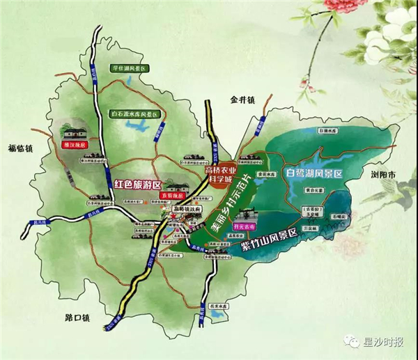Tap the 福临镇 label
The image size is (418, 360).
(x=21, y=148)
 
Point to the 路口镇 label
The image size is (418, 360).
(x=77, y=318)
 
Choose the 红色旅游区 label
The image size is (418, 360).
(x=137, y=185)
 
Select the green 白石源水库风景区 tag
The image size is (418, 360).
(x=136, y=113)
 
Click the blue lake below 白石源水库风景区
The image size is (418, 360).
(x=143, y=128)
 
